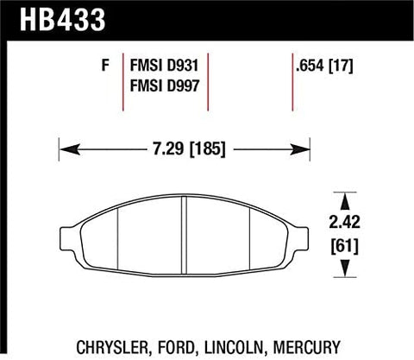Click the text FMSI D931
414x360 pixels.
point(165,64)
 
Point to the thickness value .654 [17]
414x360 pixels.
point(325,64)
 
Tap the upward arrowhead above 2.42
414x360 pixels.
point(348,198)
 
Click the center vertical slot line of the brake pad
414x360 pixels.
point(184,238)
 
